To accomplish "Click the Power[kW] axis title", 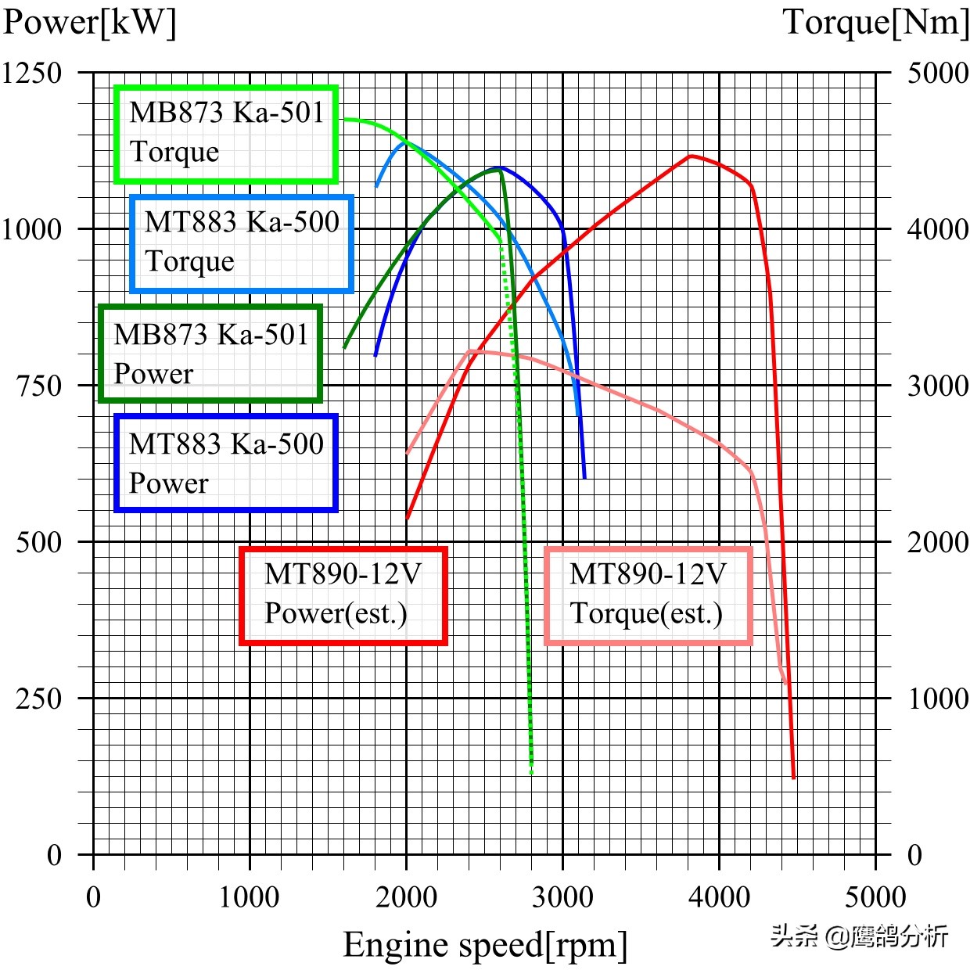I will [x=89, y=22].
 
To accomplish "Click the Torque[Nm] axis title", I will [x=875, y=22].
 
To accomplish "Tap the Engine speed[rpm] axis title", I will [x=485, y=944].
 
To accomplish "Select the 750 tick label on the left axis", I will [x=39, y=386].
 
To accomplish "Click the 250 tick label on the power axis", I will [x=39, y=698].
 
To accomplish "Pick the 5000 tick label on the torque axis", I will [x=937, y=73].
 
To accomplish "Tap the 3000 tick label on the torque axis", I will [x=937, y=386].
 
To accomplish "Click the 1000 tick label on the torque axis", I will [x=937, y=698].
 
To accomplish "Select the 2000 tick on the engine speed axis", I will [x=406, y=896].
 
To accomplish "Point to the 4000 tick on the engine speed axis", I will [x=719, y=896].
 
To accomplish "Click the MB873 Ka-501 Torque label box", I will [x=226, y=134].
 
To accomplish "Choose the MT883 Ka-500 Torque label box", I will [x=242, y=243].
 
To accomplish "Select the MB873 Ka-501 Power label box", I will [x=210, y=354].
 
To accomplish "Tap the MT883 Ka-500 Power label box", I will [x=226, y=463].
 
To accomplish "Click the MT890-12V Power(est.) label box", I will [x=343, y=595].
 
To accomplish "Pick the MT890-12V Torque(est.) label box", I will [x=648, y=595].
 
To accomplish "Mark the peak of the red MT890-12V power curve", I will [x=692, y=156].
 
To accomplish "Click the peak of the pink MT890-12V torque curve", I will [x=471, y=350].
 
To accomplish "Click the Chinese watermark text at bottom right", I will [x=859, y=936].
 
